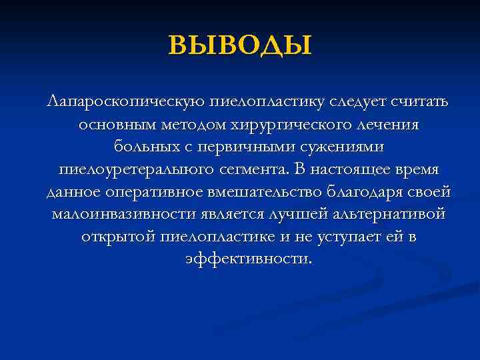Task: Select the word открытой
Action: coord(119,237)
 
